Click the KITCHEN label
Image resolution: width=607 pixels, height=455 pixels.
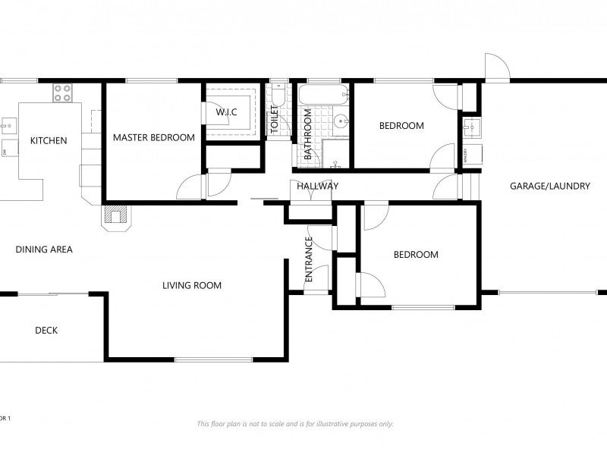(49, 140)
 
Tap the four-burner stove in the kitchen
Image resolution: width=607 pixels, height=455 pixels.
(62, 93)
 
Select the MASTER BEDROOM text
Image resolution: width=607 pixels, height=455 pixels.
(153, 137)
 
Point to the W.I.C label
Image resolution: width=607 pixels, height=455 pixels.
(226, 112)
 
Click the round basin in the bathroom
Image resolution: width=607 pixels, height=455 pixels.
(341, 120)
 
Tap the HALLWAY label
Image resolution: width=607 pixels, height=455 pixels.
(317, 186)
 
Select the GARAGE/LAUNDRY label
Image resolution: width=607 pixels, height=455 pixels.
(549, 186)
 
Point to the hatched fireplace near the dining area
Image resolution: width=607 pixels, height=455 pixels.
(115, 216)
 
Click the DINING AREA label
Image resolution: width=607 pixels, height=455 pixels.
(44, 249)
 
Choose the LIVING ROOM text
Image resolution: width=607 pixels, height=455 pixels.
(191, 286)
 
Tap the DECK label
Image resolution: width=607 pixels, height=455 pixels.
(46, 330)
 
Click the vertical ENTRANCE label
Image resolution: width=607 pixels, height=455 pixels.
(309, 260)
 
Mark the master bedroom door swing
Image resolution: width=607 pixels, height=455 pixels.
(193, 187)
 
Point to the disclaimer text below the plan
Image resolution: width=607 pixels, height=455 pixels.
(295, 424)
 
